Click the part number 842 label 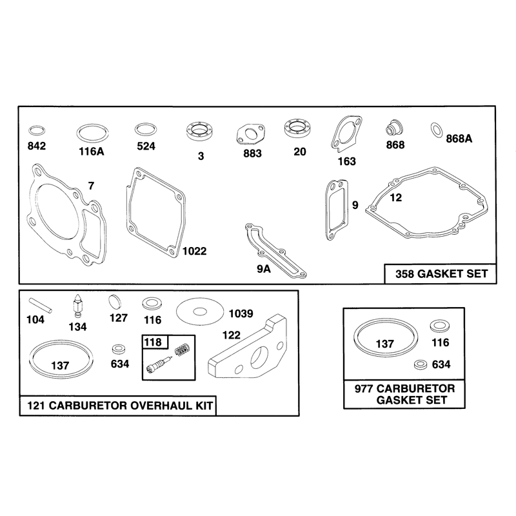click(37, 146)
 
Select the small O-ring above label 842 click(37, 130)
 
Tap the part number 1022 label click(194, 251)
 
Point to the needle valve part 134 click(77, 306)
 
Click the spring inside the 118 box click(183, 350)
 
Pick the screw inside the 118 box click(159, 364)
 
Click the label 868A click(459, 139)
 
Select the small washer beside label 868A click(437, 131)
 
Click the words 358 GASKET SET click(441, 273)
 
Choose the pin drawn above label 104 click(40, 305)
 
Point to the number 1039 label click(241, 313)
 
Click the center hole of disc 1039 click(200, 312)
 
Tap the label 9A click(264, 269)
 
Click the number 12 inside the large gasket click(395, 198)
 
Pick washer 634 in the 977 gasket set click(419, 364)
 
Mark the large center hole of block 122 click(260, 357)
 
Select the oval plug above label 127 click(115, 301)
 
